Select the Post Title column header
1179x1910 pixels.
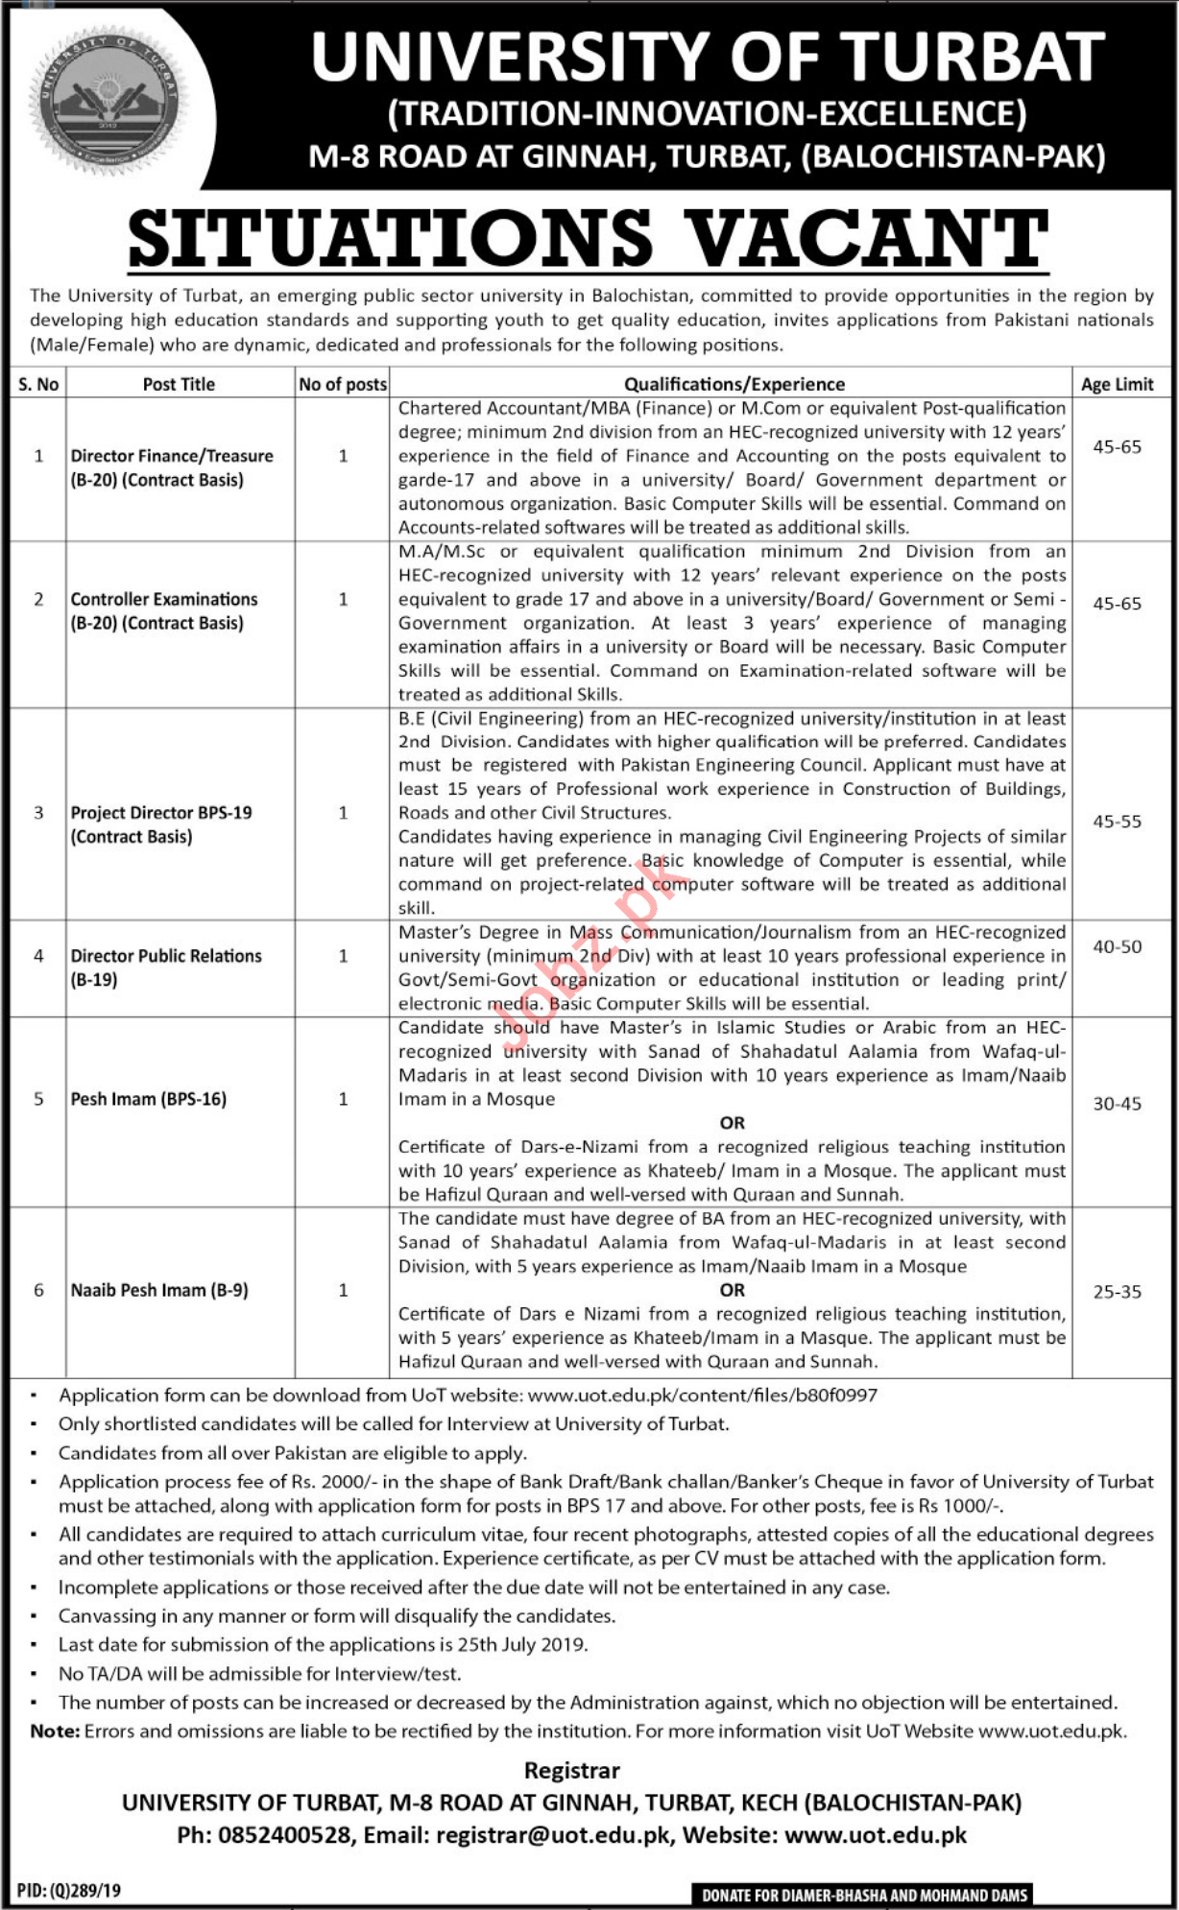pyautogui.click(x=179, y=384)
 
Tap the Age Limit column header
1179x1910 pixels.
pyautogui.click(x=1117, y=384)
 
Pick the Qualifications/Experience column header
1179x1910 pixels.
pyautogui.click(x=734, y=384)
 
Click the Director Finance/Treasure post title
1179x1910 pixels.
pyautogui.click(x=172, y=467)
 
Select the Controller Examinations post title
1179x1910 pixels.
pyautogui.click(x=164, y=610)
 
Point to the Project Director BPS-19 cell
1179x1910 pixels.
pyautogui.click(x=161, y=824)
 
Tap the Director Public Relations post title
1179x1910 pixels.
pyautogui.click(x=166, y=967)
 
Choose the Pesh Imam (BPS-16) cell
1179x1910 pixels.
pyautogui.click(x=149, y=1099)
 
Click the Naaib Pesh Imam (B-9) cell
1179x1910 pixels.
pyautogui.click(x=159, y=1290)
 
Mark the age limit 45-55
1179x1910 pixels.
pyautogui.click(x=1117, y=822)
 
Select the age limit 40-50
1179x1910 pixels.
pyautogui.click(x=1117, y=946)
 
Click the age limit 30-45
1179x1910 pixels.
pyautogui.click(x=1117, y=1104)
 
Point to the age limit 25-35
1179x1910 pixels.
pyautogui.click(x=1117, y=1292)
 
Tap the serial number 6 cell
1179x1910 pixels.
pyautogui.click(x=38, y=1290)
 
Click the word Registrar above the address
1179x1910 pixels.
pyautogui.click(x=572, y=1770)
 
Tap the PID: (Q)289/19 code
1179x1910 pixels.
pyautogui.click(x=69, y=1890)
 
